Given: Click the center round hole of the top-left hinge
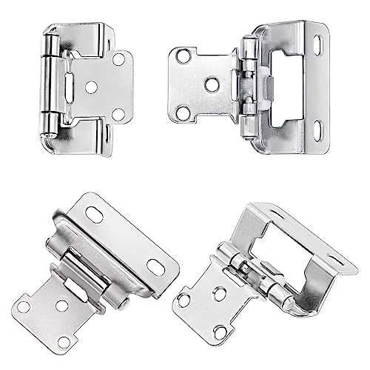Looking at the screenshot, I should pos(91,87).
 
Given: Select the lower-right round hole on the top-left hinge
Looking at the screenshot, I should pos(118,114).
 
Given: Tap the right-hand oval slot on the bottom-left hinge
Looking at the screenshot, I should pos(155,267).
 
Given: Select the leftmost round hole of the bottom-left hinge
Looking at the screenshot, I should pos(24,306).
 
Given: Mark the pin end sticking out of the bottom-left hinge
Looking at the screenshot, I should pos(127,303).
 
